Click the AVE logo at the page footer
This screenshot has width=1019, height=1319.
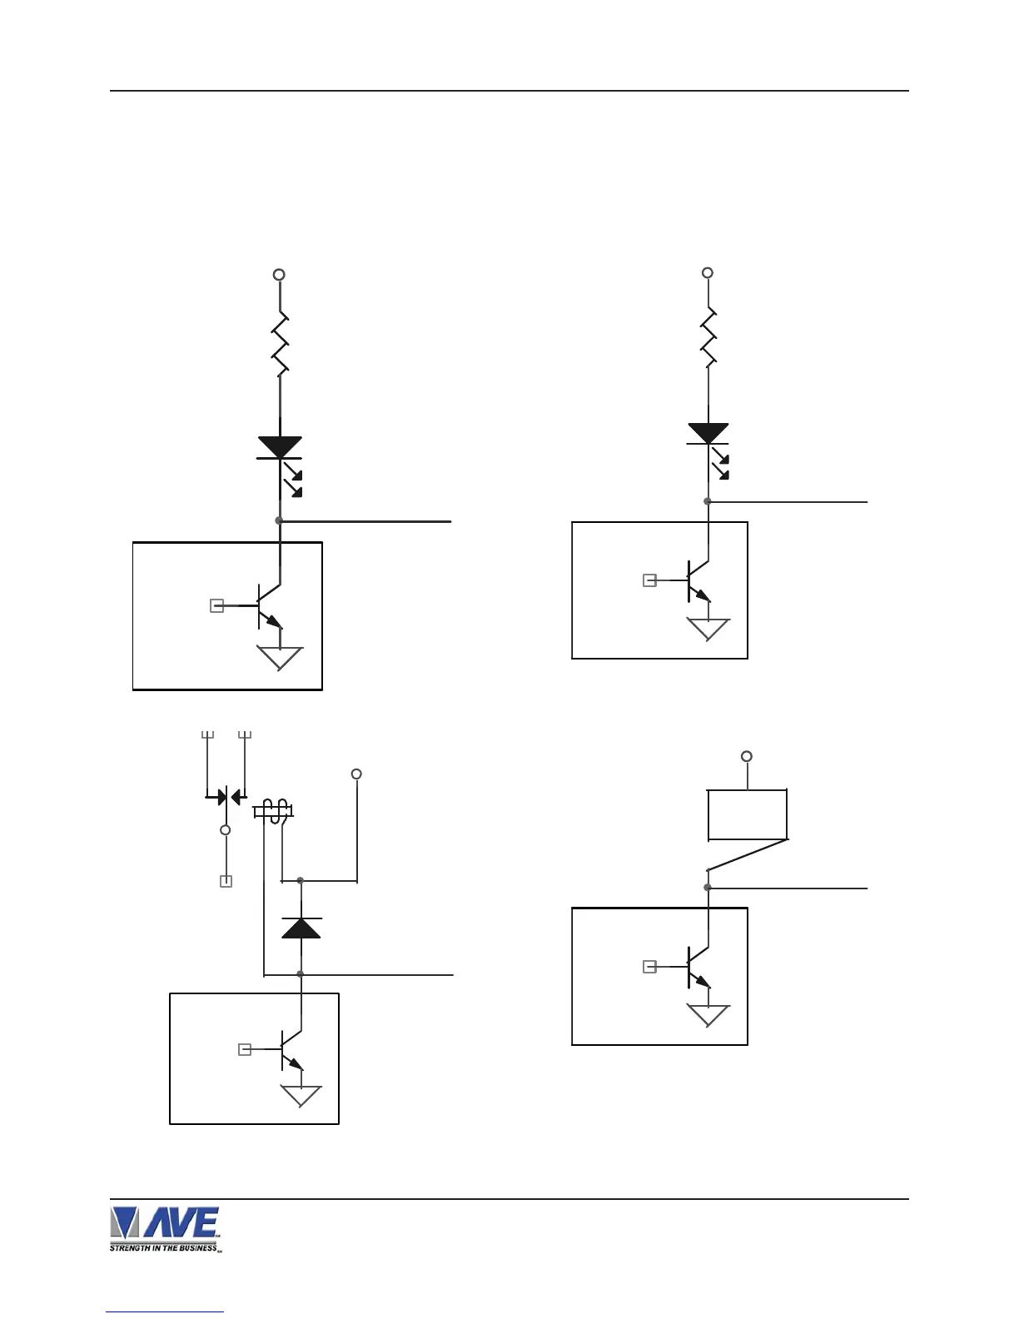[165, 1228]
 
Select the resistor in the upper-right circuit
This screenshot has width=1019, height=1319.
[708, 337]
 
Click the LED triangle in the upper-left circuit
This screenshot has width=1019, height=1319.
[280, 446]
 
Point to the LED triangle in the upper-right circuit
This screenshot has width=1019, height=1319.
[708, 433]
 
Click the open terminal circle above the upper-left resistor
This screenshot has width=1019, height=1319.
[280, 275]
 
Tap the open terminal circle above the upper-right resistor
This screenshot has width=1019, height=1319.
[708, 272]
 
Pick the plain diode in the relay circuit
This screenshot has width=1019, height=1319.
[301, 927]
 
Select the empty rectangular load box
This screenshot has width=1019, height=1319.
[747, 814]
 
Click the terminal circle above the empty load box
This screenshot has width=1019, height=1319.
[747, 756]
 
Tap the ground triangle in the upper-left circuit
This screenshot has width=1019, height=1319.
[280, 658]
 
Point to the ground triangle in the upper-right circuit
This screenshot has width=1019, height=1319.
[708, 629]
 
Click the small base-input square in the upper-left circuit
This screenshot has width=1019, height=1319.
[216, 606]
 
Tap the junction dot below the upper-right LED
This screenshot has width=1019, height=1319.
[708, 501]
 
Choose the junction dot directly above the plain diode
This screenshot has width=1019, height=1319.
[301, 880]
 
